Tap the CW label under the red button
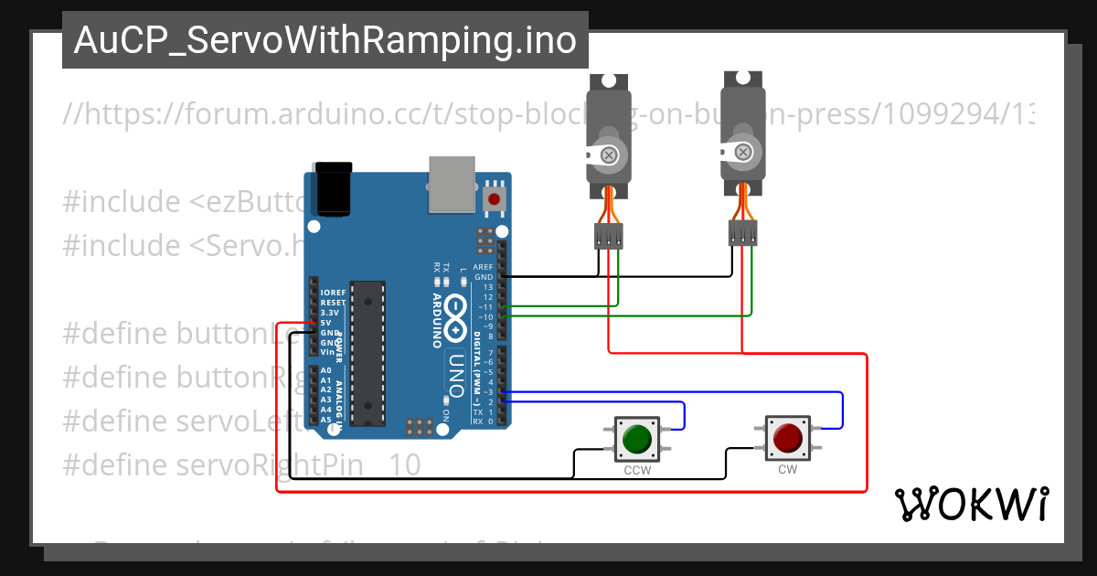[787, 470]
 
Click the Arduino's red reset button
[495, 198]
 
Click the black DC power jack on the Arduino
[333, 189]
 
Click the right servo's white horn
[743, 150]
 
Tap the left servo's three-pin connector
[608, 237]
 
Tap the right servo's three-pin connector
[743, 234]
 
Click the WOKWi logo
[971, 504]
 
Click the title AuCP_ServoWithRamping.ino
[325, 40]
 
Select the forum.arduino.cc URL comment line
[548, 114]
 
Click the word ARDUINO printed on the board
[437, 321]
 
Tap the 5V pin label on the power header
[325, 323]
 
